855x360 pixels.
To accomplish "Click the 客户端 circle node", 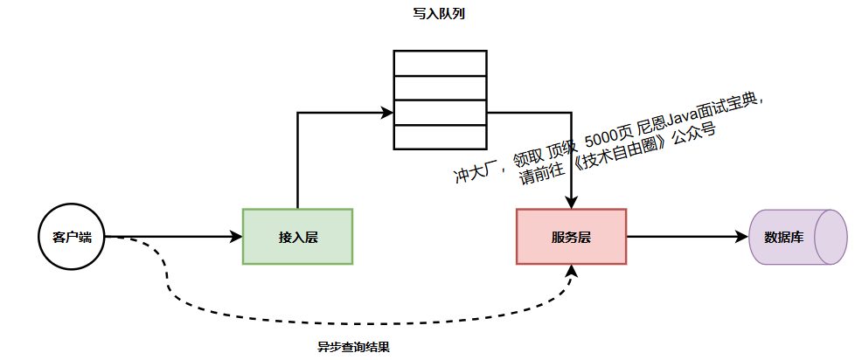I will tap(72, 237).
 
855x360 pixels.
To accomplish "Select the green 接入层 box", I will tap(297, 237).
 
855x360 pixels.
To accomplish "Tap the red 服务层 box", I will tap(571, 237).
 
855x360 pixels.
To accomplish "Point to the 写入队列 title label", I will tap(438, 16).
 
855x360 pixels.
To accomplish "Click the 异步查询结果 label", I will tap(353, 346).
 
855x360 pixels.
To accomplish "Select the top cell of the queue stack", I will tap(439, 64).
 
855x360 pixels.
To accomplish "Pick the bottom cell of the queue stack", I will tap(439, 138).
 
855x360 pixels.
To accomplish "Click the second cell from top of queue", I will tap(439, 88).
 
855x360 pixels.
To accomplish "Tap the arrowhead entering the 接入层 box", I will tap(236, 237).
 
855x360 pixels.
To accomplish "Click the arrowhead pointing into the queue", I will tap(386, 112).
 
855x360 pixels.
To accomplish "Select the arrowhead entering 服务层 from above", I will tap(571, 203).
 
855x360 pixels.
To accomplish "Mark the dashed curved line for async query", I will tap(350, 322).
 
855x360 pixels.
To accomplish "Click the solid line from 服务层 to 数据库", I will tap(682, 237).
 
